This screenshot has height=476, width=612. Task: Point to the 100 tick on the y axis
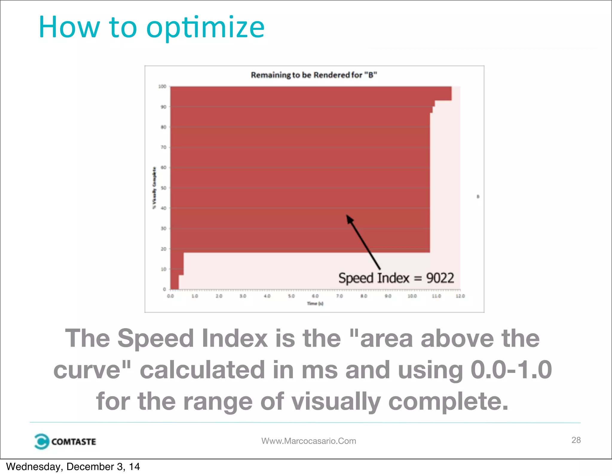(x=162, y=86)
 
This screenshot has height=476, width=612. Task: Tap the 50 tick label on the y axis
(x=163, y=188)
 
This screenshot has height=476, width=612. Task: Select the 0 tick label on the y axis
(x=164, y=289)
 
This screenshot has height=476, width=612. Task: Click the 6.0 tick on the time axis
(x=315, y=296)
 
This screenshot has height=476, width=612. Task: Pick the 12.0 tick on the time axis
(x=460, y=296)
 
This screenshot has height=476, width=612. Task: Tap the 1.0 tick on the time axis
(x=195, y=296)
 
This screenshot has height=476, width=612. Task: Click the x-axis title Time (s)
(x=315, y=304)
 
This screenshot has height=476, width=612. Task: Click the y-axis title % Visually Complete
(x=154, y=188)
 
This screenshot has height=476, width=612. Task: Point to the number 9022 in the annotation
(x=440, y=278)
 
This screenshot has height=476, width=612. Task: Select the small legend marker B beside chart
(x=478, y=196)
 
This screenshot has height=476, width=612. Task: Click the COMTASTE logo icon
(x=41, y=441)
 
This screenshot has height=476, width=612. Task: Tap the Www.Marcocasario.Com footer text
(x=309, y=441)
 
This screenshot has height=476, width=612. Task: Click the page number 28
(x=576, y=440)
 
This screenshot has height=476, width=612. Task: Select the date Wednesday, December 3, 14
(x=73, y=467)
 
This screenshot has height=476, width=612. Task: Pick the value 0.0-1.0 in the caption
(x=511, y=370)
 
